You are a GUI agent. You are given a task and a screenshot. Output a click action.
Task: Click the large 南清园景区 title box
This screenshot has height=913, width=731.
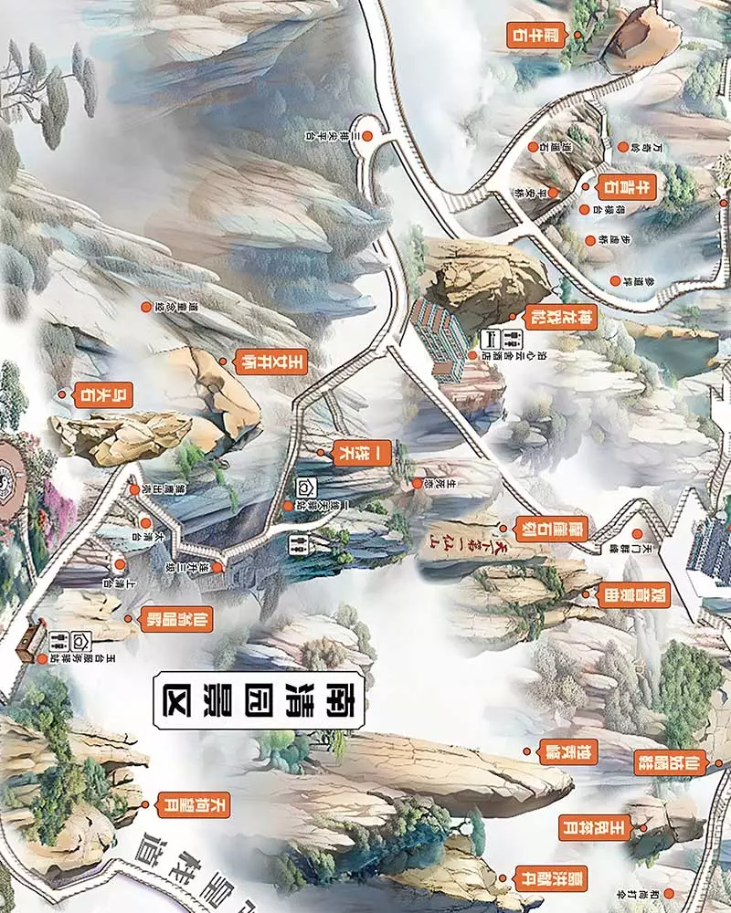point(260,703)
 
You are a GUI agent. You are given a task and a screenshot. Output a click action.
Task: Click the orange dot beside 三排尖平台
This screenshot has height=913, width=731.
point(367,135)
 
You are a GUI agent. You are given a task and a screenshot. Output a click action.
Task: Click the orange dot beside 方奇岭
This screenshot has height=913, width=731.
point(624,146)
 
